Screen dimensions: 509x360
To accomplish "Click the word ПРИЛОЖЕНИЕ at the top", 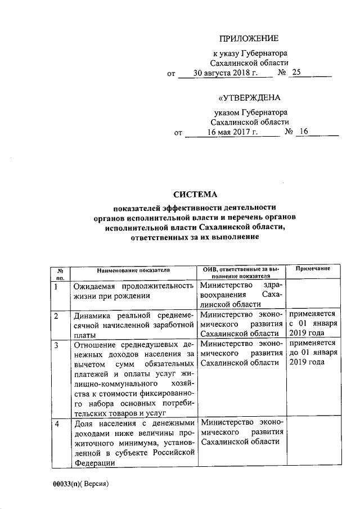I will (249, 38).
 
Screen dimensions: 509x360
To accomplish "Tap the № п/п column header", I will (60, 273).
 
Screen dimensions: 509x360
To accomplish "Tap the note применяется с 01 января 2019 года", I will (313, 323).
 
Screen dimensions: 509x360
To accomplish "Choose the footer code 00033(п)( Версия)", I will (80, 484).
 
